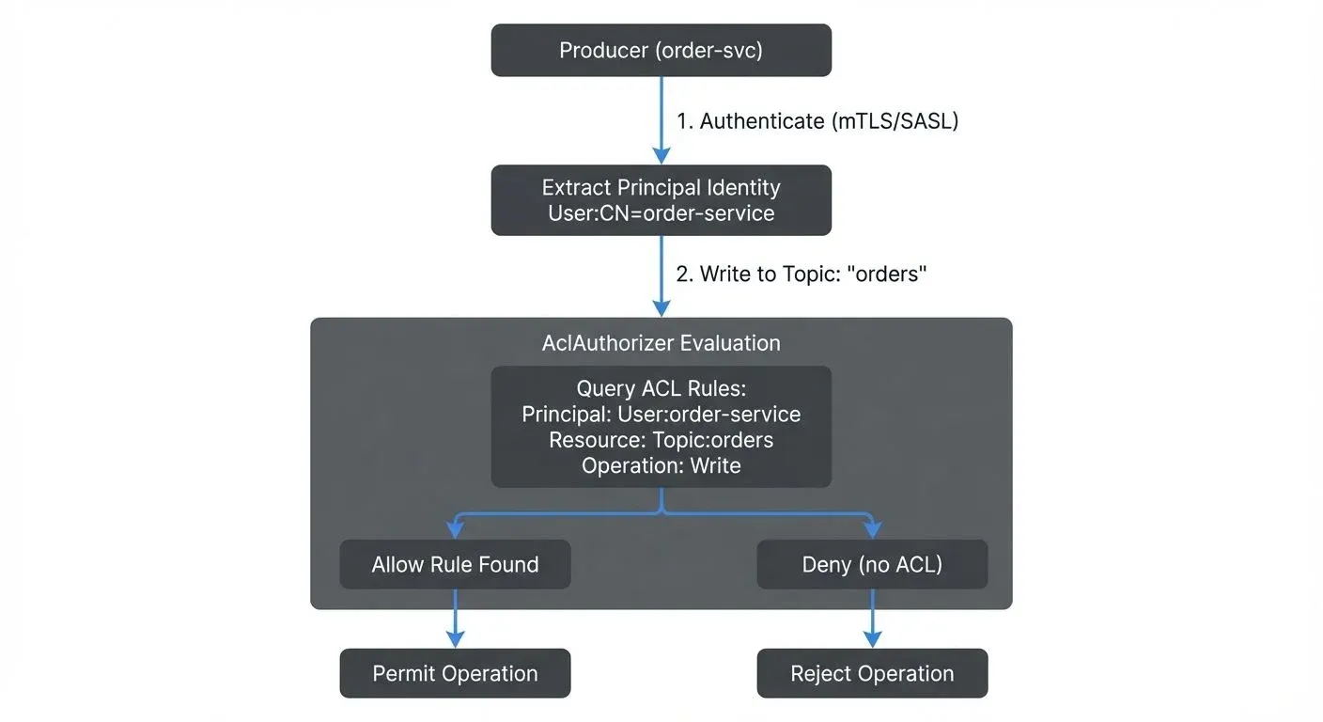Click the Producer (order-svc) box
(x=661, y=50)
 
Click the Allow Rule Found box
(x=455, y=564)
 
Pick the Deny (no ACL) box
(x=872, y=564)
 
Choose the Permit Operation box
(x=455, y=673)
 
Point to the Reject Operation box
(x=872, y=673)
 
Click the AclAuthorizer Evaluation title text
(x=661, y=343)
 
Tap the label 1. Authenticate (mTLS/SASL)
(x=817, y=121)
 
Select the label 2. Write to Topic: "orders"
(x=802, y=275)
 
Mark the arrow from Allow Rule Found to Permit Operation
(x=455, y=619)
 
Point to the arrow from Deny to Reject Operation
(x=872, y=619)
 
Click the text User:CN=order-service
(x=661, y=213)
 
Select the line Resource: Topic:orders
(x=661, y=440)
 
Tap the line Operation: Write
(x=661, y=465)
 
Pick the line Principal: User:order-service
(x=661, y=414)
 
